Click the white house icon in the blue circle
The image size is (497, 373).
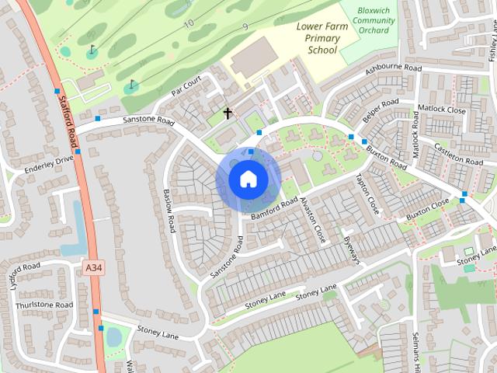coord(248,180)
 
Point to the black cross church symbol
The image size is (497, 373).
coord(228,113)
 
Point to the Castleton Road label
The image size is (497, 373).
coord(459,154)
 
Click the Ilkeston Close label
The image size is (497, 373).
coord(312,219)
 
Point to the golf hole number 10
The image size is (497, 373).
coord(189,23)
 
